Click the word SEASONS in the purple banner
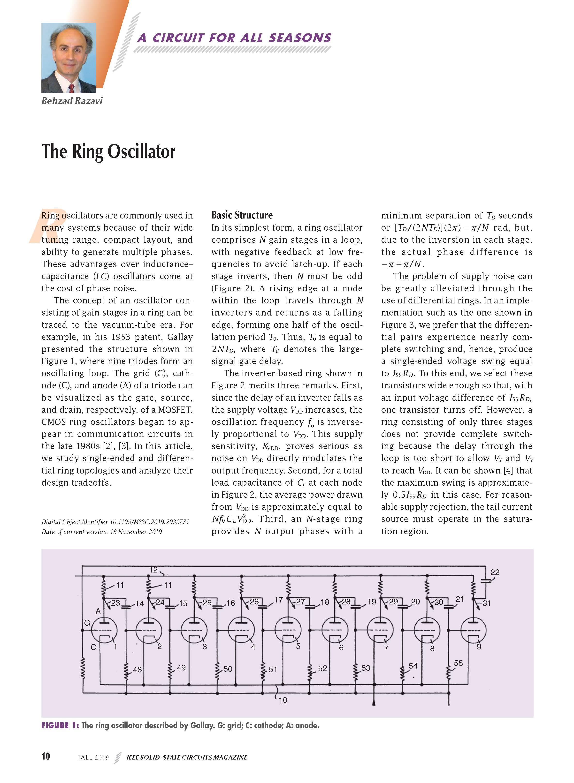[x=300, y=38]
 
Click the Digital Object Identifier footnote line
[x=115, y=521]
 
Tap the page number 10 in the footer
[x=46, y=756]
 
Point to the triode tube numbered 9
[x=473, y=630]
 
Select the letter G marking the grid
[x=87, y=623]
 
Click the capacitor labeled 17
[x=263, y=607]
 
